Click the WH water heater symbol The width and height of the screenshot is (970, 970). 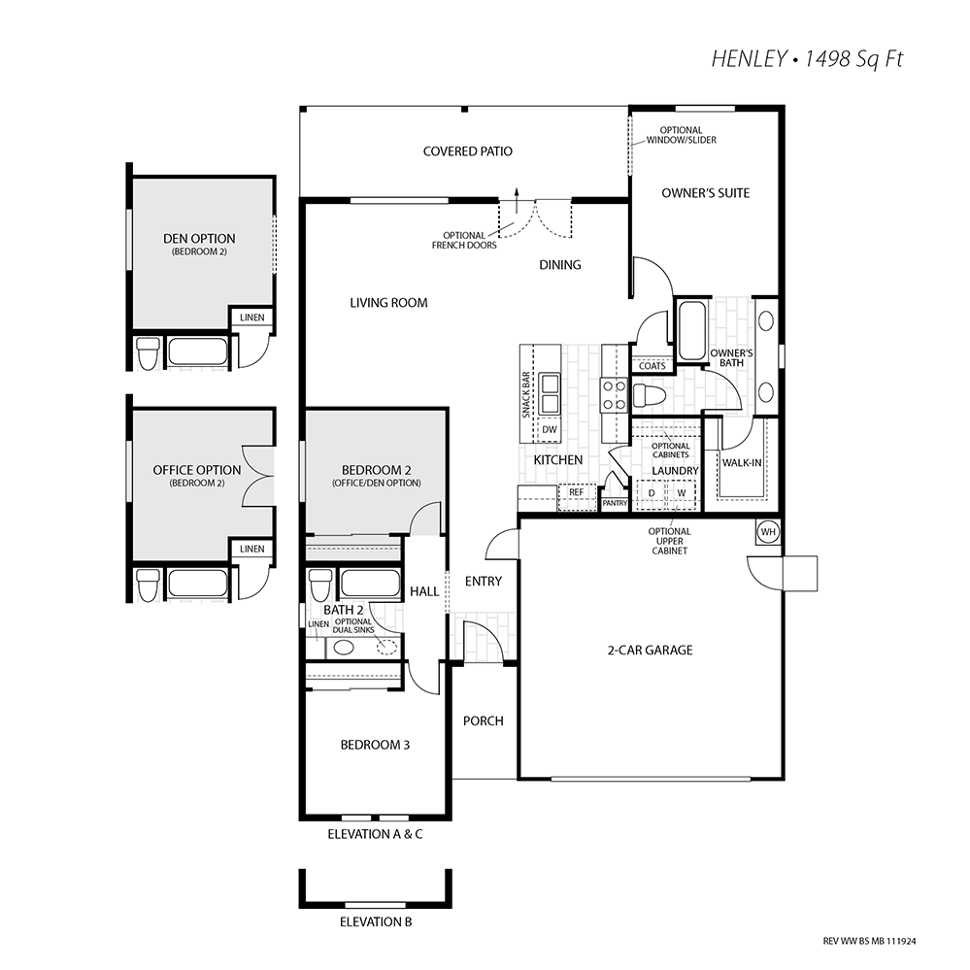point(768,532)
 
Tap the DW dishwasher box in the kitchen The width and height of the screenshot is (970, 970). point(550,430)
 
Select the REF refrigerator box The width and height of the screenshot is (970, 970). point(577,497)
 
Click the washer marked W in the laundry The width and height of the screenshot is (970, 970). point(682,493)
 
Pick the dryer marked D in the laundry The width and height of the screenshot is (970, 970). point(651,493)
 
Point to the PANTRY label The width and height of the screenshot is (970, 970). point(615,504)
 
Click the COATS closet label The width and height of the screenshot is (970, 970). point(652,366)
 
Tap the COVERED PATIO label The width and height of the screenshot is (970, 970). point(468,151)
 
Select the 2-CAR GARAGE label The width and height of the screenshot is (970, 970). point(651,651)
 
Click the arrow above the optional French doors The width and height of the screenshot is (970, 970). point(518,199)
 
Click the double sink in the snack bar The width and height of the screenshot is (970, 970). point(550,394)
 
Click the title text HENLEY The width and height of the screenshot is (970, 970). point(749,59)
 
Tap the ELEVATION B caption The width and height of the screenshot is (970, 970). point(376,922)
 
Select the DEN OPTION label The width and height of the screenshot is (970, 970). point(199,239)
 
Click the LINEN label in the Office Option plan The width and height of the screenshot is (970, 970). point(252,549)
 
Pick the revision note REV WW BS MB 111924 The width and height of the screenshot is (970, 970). point(869,942)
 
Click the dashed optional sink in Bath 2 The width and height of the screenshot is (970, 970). point(386,646)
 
